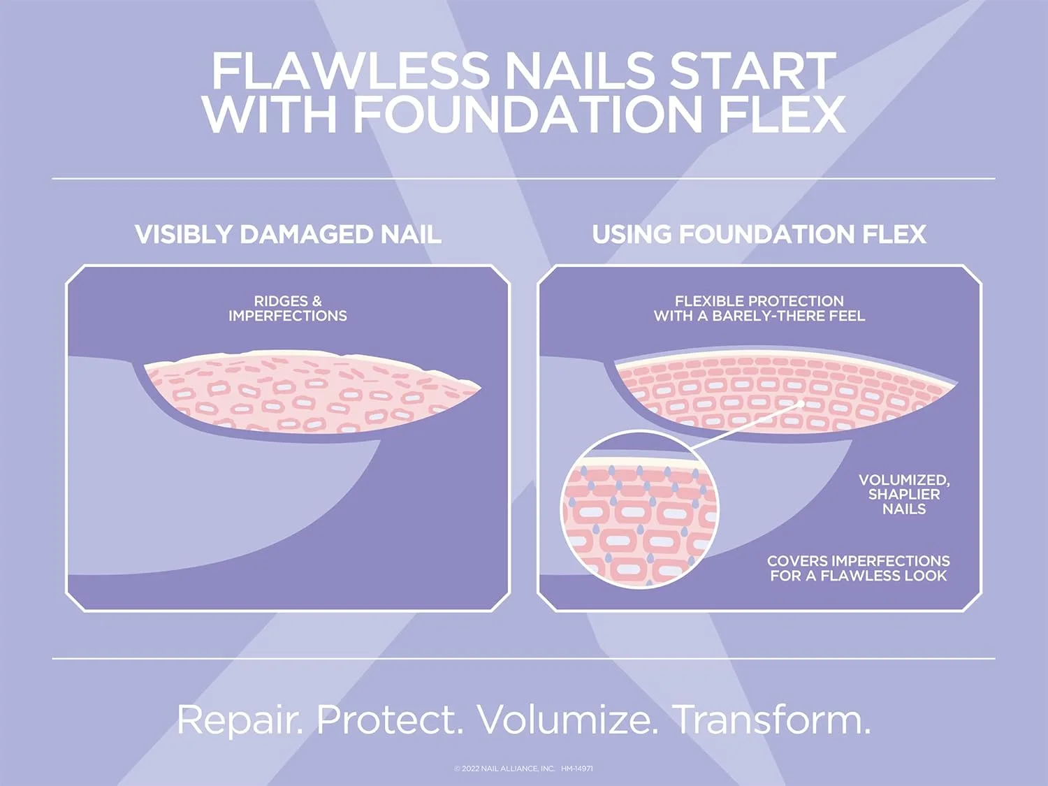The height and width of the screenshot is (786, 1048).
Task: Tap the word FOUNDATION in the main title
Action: [527, 114]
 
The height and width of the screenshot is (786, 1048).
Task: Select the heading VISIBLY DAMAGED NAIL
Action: [288, 235]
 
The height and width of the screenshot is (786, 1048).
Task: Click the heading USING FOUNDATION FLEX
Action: [759, 235]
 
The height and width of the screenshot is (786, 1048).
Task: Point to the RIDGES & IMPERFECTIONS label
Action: [288, 308]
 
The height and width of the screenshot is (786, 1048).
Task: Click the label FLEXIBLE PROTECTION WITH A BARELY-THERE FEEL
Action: [759, 308]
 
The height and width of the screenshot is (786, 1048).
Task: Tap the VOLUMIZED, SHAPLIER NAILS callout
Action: [903, 494]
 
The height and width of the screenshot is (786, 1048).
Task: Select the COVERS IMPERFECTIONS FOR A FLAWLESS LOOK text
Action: [858, 568]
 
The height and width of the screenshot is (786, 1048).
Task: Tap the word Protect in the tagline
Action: [389, 720]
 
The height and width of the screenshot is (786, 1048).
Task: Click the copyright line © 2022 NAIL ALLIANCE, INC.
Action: [504, 769]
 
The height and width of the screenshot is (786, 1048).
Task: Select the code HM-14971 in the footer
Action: [577, 769]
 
